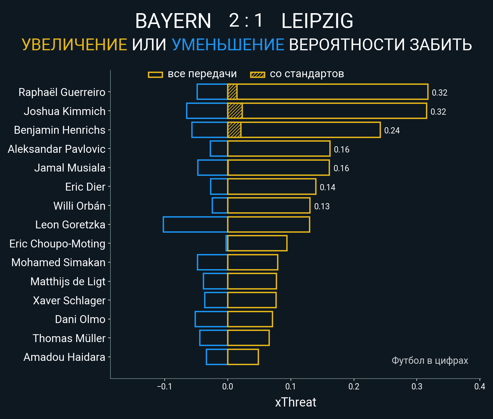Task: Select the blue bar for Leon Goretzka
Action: (x=195, y=224)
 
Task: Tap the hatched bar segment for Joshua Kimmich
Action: (x=235, y=111)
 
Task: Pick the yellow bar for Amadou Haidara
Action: (x=243, y=357)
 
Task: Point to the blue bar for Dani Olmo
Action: (x=211, y=319)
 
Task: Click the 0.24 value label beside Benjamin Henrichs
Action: (x=392, y=130)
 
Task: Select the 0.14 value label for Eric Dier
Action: (x=327, y=187)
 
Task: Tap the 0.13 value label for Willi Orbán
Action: (x=322, y=206)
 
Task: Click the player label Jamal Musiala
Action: (x=70, y=168)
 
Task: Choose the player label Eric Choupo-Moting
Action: (x=57, y=244)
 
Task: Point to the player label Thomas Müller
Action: (x=69, y=338)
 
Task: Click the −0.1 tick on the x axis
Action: (x=164, y=386)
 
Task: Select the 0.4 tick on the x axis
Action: (x=480, y=386)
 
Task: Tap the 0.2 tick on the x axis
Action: (x=354, y=386)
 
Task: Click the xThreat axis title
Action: (x=295, y=402)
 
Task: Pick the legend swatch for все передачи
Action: (x=155, y=75)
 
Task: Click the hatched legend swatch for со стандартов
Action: (x=258, y=75)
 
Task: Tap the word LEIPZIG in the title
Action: (x=317, y=21)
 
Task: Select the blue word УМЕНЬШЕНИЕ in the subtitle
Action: (x=228, y=45)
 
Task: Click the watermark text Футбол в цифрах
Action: (x=430, y=361)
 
